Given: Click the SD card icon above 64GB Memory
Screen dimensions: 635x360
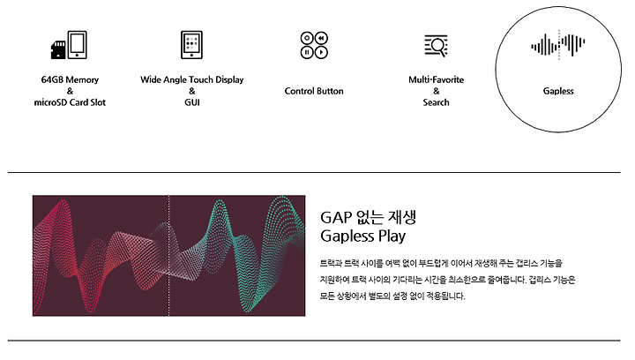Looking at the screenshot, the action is pyautogui.click(x=58, y=49).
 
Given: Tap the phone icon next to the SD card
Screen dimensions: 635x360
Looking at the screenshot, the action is pyautogui.click(x=77, y=44).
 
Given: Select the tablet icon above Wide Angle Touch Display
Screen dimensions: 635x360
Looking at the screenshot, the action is pyautogui.click(x=191, y=44).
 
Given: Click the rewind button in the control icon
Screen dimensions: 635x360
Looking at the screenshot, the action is pyautogui.click(x=321, y=38).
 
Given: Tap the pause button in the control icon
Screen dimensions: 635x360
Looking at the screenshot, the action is pyautogui.click(x=307, y=52).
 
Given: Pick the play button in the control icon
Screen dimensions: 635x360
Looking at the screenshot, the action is pyautogui.click(x=321, y=52).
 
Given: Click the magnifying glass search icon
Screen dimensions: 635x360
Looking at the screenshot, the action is pyautogui.click(x=437, y=45).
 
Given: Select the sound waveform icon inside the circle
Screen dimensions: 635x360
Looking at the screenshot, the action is pyautogui.click(x=558, y=44).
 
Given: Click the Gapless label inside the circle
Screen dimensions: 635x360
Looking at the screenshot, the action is pyautogui.click(x=558, y=91).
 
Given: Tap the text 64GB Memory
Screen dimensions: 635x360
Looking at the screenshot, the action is pyautogui.click(x=70, y=79).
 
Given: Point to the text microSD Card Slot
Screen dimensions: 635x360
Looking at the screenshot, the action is pyautogui.click(x=70, y=102).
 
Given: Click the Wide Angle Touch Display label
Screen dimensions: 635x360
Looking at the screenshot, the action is pyautogui.click(x=192, y=79).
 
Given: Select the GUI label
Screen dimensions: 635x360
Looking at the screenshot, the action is pyautogui.click(x=192, y=102).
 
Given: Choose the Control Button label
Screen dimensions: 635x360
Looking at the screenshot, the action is pyautogui.click(x=314, y=91).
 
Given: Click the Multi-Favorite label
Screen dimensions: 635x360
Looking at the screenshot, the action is pyautogui.click(x=437, y=79).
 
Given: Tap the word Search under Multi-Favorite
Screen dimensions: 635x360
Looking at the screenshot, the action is pyautogui.click(x=437, y=102).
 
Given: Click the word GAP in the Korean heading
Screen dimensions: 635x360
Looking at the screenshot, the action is pyautogui.click(x=337, y=218).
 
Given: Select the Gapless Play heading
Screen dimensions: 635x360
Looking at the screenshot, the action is pyautogui.click(x=362, y=236).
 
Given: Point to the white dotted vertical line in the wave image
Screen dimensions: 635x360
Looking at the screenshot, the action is pyautogui.click(x=168, y=256).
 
